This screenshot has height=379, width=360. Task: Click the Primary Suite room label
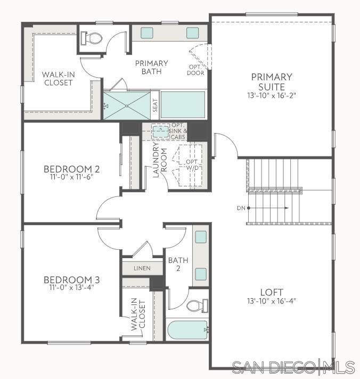point(272,81)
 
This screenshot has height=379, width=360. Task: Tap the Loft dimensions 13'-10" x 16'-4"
point(272,301)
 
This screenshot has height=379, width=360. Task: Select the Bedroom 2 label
point(72,170)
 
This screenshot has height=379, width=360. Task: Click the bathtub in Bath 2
point(187,330)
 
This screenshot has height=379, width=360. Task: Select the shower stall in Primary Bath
point(127,105)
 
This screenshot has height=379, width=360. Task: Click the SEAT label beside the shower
point(155,105)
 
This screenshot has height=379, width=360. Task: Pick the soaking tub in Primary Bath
point(183,105)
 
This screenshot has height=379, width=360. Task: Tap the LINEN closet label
point(142,268)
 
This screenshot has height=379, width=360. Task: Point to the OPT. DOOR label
point(195,70)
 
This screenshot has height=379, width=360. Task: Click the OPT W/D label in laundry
point(192,165)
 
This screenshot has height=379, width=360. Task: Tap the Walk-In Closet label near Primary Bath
point(59,78)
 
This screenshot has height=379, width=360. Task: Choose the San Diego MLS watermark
point(293,367)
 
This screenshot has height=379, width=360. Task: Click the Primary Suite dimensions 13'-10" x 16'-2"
point(272,96)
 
